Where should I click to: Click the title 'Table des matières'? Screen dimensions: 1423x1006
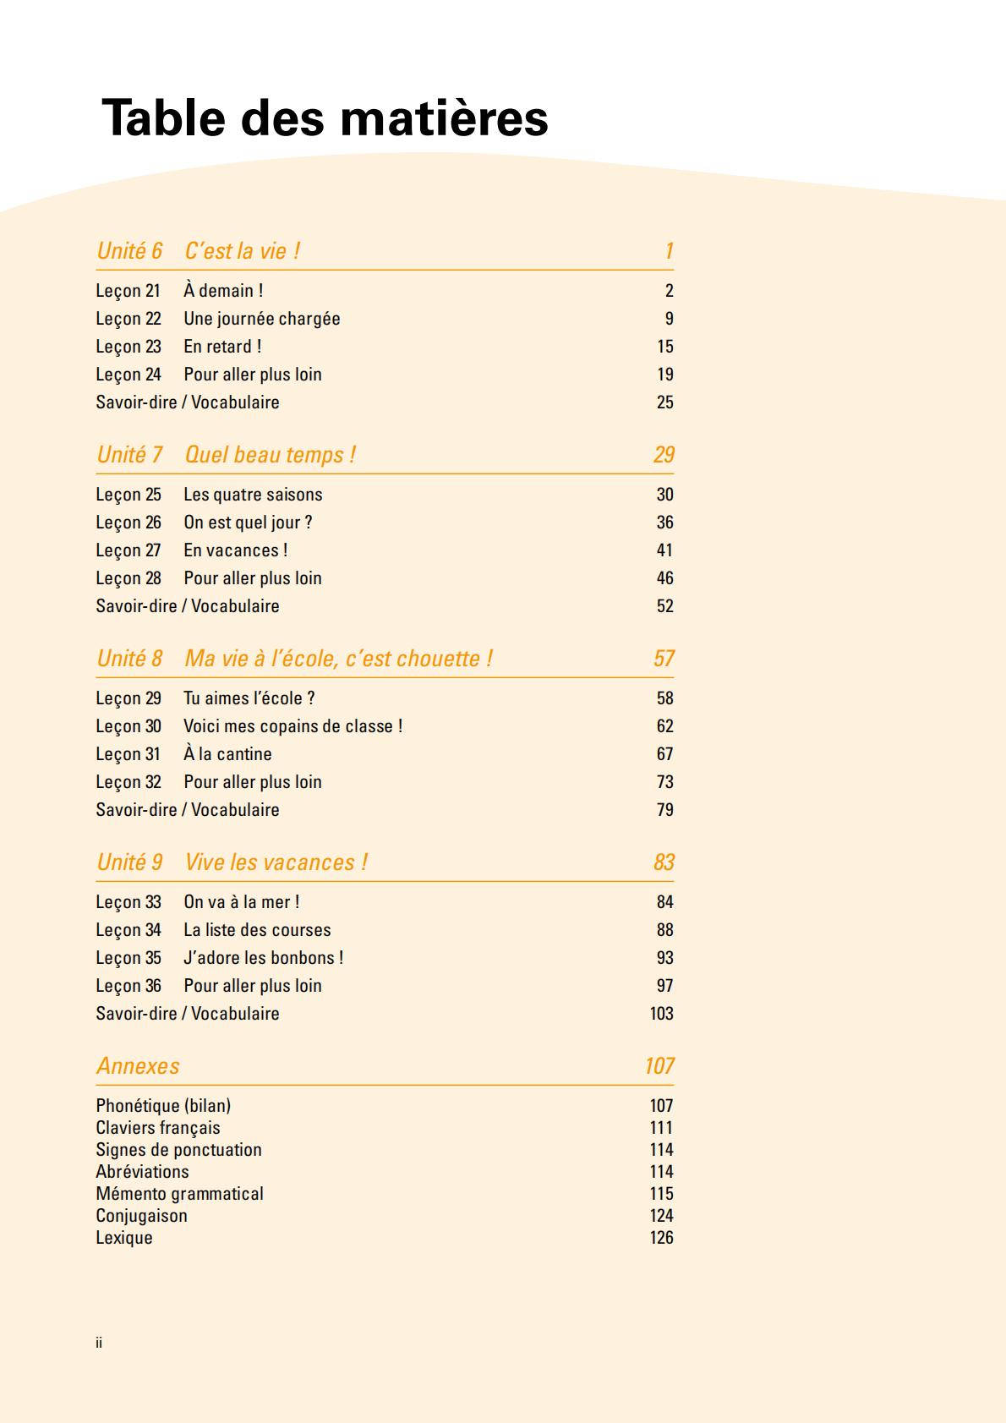pos(325,118)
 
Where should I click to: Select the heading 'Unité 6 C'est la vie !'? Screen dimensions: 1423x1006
pos(199,251)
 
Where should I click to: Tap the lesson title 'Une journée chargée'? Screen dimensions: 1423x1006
pos(262,319)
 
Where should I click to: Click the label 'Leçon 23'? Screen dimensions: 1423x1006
pos(128,347)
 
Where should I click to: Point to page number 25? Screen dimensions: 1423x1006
pos(664,402)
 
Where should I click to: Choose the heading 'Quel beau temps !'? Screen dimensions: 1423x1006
pos(270,455)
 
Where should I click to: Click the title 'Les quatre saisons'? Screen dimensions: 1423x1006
pos(253,495)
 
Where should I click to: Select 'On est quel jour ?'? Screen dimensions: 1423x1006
pos(248,523)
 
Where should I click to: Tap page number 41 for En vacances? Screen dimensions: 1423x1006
pos(664,550)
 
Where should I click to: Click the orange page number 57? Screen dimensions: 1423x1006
pos(664,659)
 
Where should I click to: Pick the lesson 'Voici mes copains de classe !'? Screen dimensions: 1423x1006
pos(293,726)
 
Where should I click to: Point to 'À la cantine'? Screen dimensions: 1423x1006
pos(227,754)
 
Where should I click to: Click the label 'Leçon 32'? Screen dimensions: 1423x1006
pos(128,782)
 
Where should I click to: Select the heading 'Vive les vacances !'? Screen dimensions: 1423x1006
pos(276,862)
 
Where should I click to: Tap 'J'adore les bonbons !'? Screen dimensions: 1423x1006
pos(263,958)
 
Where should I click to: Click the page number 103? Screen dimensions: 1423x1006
pos(661,1014)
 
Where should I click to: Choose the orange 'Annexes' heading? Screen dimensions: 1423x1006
pos(138,1066)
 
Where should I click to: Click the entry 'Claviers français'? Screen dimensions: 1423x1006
pos(158,1128)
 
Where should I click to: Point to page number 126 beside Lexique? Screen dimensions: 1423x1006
pos(661,1238)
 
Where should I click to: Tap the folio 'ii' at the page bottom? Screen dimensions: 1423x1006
pos(99,1343)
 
